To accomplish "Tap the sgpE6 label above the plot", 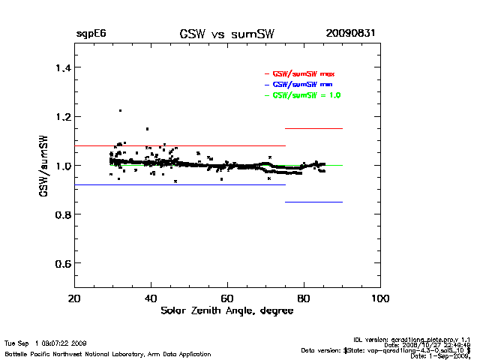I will click(x=91, y=34).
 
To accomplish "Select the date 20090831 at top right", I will click(x=351, y=34).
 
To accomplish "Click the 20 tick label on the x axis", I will click(x=73, y=298).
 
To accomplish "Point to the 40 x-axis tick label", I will click(x=150, y=298).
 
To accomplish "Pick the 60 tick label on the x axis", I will click(x=227, y=298).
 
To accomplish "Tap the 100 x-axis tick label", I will click(x=380, y=298).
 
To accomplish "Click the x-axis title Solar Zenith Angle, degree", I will click(x=226, y=311).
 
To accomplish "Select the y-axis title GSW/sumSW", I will click(x=46, y=166).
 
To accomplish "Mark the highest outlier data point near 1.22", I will click(x=120, y=110).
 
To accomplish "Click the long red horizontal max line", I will click(x=180, y=145).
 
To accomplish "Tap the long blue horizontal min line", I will click(x=180, y=184).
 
